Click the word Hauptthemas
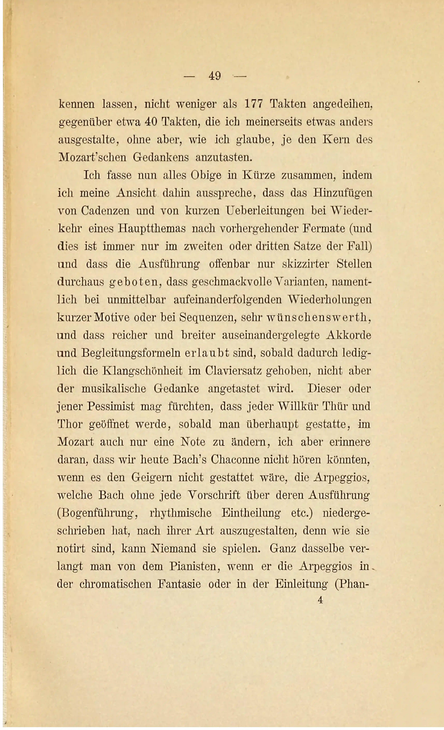[x=152, y=229]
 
